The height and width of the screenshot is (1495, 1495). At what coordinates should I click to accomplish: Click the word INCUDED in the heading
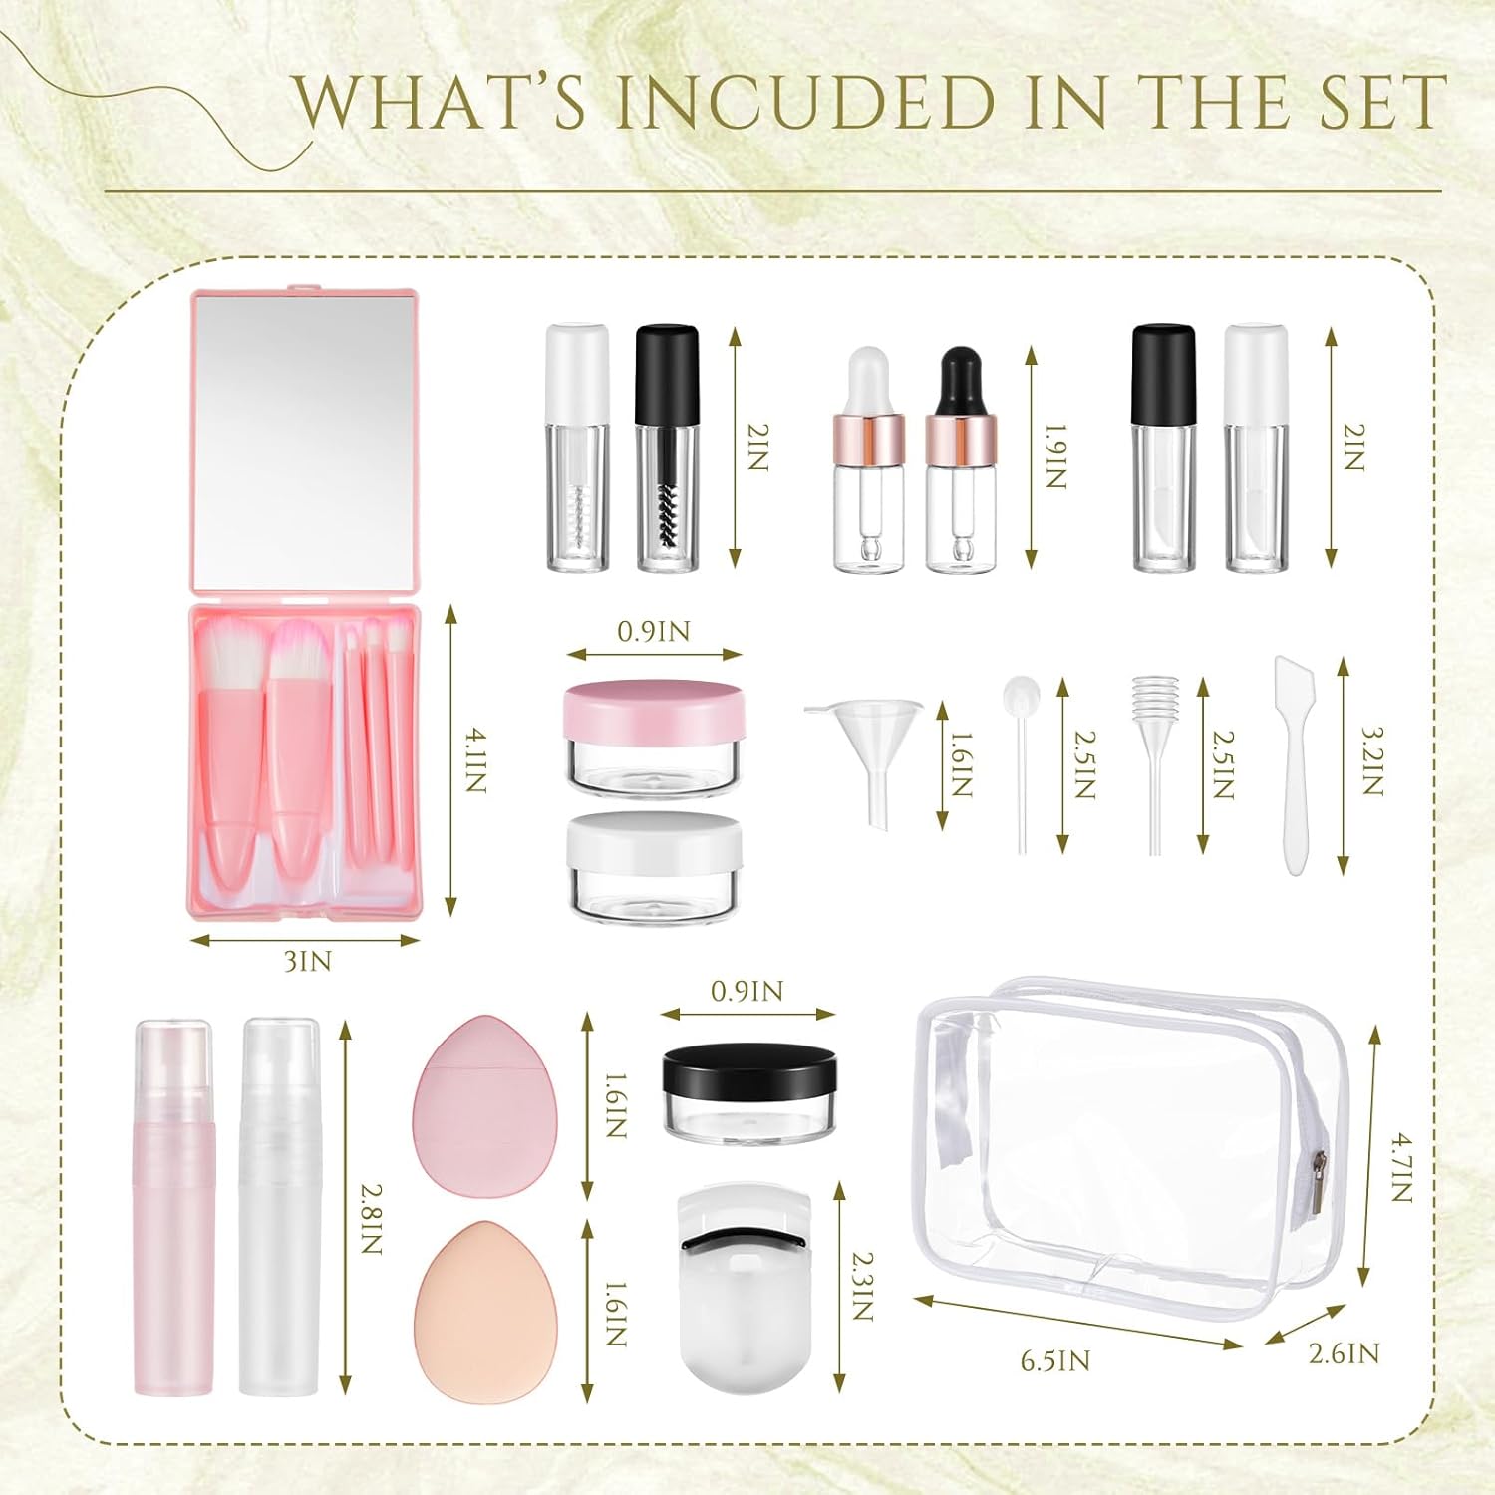tap(805, 102)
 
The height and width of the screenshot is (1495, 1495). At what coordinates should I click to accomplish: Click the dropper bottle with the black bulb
tap(960, 459)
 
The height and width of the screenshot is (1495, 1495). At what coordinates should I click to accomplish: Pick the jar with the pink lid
tap(654, 739)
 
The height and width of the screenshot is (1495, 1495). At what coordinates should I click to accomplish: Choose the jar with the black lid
tap(748, 1092)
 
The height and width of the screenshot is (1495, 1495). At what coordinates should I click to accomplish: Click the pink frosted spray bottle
tap(173, 1207)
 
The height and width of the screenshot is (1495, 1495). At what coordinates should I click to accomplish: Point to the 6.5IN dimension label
tap(1055, 1359)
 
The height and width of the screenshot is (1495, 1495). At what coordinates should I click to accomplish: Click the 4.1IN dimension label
tap(475, 759)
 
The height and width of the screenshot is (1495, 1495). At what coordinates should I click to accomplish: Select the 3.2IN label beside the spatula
tap(1372, 759)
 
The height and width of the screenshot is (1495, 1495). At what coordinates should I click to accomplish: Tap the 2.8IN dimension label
tap(370, 1218)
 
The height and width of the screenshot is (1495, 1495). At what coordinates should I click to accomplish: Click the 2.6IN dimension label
tap(1344, 1352)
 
